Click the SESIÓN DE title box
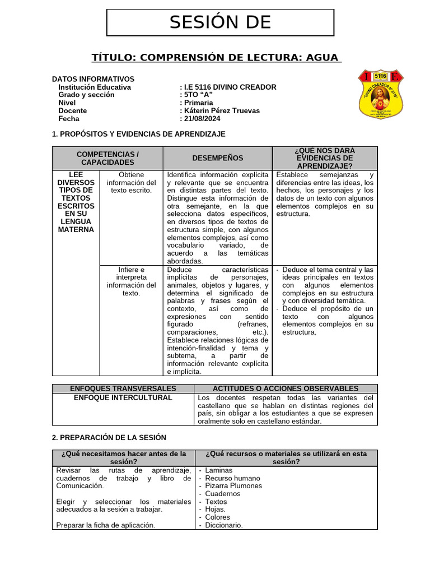(x=220, y=22)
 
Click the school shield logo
(x=380, y=95)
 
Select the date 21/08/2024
(x=202, y=119)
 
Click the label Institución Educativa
(x=95, y=87)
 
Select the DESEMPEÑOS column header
(x=217, y=158)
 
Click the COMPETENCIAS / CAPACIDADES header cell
(x=107, y=158)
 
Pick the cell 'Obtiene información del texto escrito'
(x=132, y=183)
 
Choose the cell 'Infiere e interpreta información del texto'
(x=132, y=281)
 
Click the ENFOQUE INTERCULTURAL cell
(x=123, y=398)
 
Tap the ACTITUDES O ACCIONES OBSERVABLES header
(x=286, y=388)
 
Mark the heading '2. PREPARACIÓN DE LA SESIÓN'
(x=109, y=437)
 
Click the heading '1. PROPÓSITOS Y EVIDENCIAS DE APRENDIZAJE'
(x=138, y=134)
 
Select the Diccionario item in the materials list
(x=224, y=525)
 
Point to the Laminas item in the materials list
(x=219, y=470)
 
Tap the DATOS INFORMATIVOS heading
(x=93, y=79)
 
